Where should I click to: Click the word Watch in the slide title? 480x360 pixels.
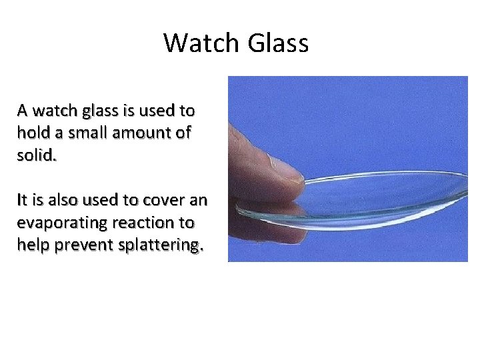click(x=202, y=43)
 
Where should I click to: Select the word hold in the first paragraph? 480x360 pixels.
click(x=31, y=133)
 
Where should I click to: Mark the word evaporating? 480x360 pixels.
click(x=61, y=223)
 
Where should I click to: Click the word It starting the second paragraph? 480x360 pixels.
click(x=23, y=200)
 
